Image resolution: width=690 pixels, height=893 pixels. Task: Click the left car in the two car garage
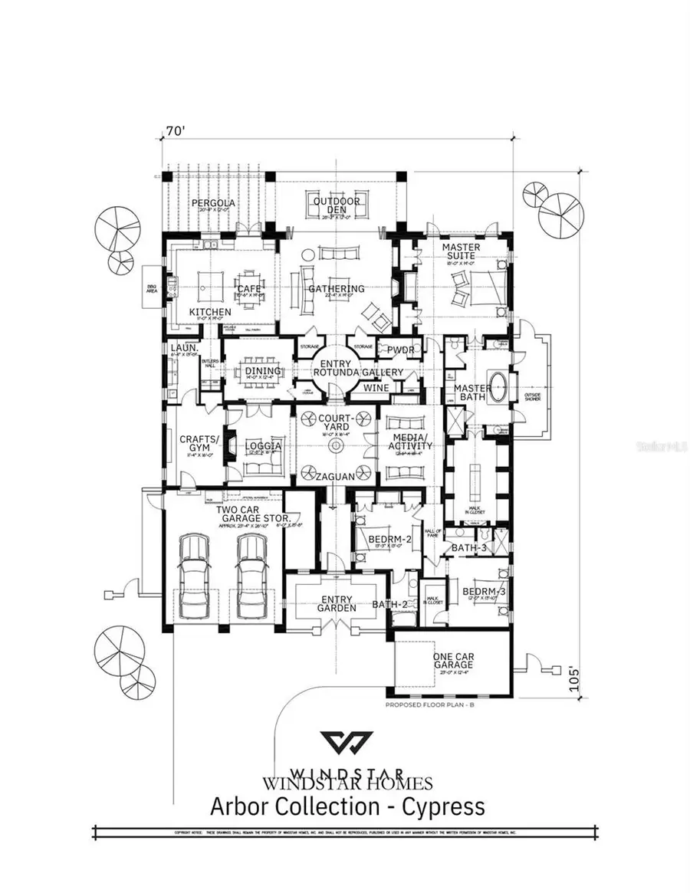(x=193, y=566)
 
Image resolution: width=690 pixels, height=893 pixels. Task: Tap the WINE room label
(x=376, y=388)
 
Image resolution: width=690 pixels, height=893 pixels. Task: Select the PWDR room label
(x=400, y=349)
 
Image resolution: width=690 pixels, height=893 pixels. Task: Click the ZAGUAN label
(x=335, y=477)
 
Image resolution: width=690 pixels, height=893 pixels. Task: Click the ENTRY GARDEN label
(x=337, y=603)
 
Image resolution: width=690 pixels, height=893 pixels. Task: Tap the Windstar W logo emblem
(x=347, y=743)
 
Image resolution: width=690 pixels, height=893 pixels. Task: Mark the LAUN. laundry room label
(x=185, y=348)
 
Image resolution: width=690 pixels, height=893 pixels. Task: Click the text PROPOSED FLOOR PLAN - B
(x=431, y=704)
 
